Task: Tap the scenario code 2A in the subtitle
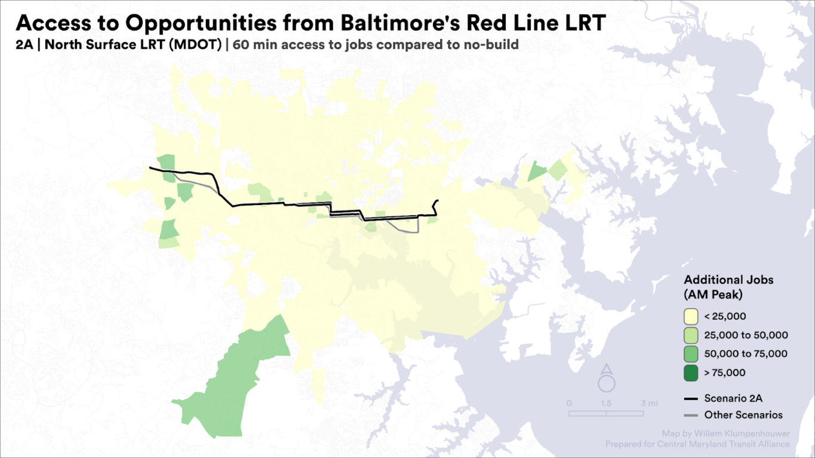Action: coord(24,44)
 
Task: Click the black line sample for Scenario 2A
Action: coord(691,398)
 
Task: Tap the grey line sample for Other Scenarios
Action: coord(691,415)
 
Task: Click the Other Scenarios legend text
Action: coord(743,415)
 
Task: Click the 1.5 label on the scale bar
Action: coord(606,403)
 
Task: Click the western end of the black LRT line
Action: coord(150,168)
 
